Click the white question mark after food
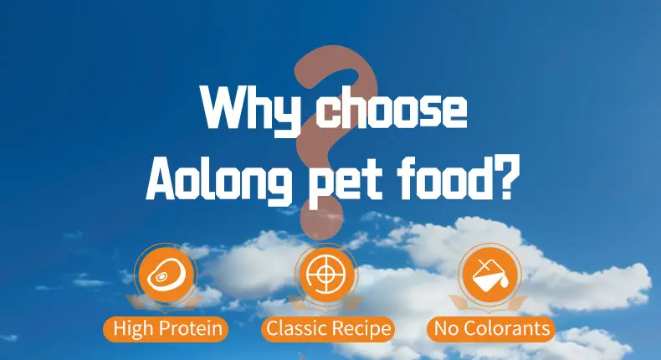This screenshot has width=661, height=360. pyautogui.click(x=500, y=175)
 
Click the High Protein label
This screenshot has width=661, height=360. pyautogui.click(x=166, y=328)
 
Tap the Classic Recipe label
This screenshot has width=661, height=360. pyautogui.click(x=328, y=328)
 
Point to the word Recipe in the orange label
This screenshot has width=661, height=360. pyautogui.click(x=360, y=328)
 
